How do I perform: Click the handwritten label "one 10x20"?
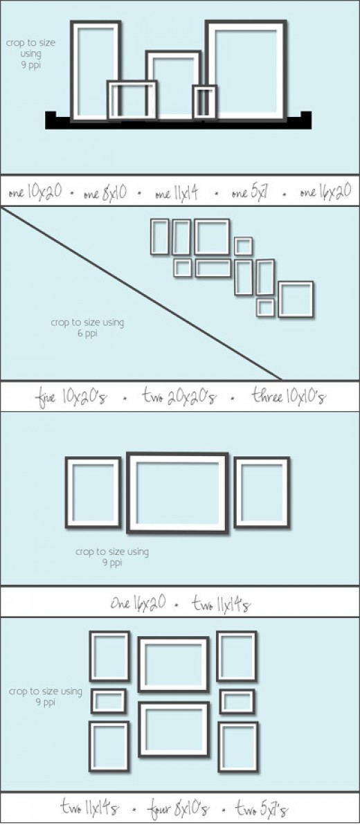click(35, 192)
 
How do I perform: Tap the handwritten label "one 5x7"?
click(251, 192)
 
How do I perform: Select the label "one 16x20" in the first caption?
click(325, 192)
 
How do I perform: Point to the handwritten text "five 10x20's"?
click(72, 396)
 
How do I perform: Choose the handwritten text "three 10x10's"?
click(288, 396)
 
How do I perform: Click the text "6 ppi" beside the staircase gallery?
click(88, 333)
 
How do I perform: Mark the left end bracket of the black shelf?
click(51, 117)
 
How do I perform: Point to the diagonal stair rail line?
click(141, 293)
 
